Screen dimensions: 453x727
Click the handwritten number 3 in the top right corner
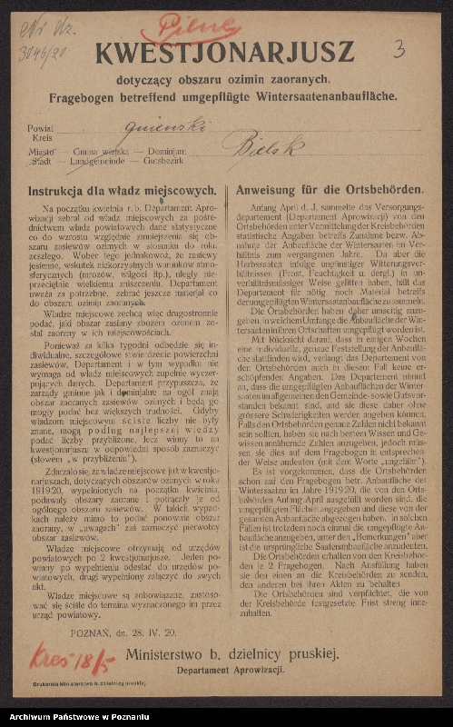(399, 49)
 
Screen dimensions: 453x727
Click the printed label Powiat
(40, 130)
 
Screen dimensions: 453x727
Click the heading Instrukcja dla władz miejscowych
(122, 191)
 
